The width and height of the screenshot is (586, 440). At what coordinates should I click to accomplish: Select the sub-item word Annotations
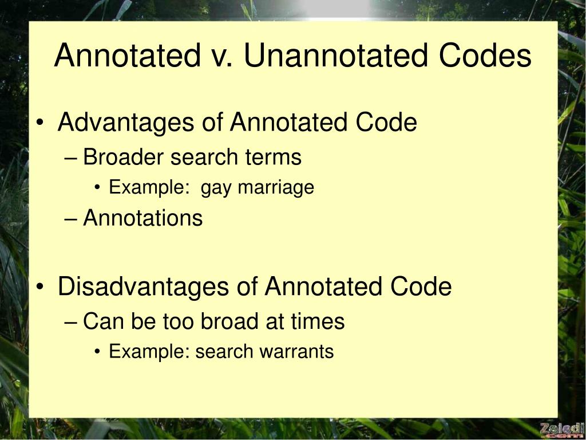point(142,218)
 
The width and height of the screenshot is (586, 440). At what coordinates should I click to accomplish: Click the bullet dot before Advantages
point(45,124)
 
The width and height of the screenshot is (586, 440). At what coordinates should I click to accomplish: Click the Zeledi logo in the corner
point(561,429)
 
